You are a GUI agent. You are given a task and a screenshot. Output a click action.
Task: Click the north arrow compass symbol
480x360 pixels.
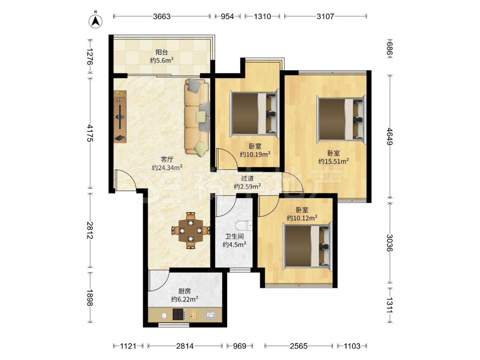(96, 21)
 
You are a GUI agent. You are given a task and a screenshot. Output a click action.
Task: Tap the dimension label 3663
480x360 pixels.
(162, 16)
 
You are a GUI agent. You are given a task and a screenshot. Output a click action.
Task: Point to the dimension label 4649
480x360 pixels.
(390, 137)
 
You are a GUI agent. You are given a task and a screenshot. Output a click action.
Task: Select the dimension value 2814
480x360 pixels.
(185, 346)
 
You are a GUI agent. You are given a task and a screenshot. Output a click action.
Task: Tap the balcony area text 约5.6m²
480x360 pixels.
(162, 60)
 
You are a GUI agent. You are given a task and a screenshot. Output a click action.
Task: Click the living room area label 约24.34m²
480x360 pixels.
(167, 168)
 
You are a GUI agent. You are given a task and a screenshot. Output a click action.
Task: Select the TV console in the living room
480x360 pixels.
(120, 116)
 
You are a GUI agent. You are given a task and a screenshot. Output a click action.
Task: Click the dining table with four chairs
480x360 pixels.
(191, 230)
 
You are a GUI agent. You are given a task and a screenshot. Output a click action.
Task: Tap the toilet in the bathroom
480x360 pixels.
(244, 226)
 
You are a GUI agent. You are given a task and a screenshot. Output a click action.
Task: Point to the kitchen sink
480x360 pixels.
(211, 314)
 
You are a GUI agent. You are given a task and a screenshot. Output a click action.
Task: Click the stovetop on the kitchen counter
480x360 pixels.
(179, 314)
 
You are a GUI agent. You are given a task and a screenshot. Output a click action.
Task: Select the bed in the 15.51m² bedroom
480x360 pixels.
(341, 119)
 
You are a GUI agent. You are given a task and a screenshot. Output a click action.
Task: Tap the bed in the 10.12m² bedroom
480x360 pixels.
(308, 247)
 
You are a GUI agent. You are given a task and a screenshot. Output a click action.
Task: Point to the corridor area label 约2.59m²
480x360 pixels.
(247, 186)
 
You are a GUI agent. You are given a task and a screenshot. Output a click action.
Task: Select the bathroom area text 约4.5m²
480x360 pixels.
(235, 245)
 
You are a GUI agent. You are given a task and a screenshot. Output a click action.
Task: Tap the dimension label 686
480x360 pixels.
(390, 48)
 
